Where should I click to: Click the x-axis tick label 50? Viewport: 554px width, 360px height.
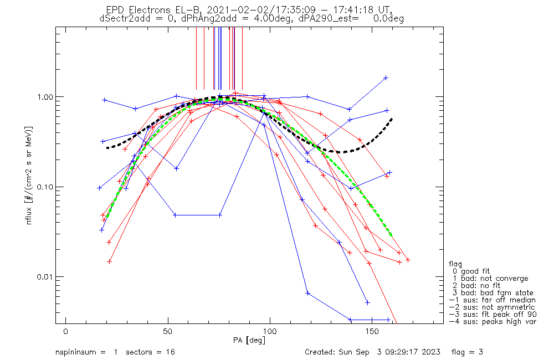tap(168, 331)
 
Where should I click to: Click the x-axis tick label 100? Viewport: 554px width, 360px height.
tap(270, 331)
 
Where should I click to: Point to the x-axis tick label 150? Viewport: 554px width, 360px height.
tap(372, 331)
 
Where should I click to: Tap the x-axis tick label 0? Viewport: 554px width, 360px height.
tap(66, 331)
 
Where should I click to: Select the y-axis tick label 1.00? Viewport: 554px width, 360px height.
tap(45, 97)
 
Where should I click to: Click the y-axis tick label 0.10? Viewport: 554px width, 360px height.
tap(45, 187)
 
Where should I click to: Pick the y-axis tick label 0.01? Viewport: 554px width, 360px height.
tap(45, 276)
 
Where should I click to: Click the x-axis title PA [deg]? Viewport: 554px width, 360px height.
tap(249, 341)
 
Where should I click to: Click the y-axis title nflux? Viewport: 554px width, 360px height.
tap(29, 215)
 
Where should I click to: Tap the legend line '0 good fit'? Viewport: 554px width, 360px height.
tap(471, 271)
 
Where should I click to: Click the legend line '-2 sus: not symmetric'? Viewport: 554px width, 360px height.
tap(492, 307)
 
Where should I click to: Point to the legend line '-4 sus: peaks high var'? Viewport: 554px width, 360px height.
tap(493, 322)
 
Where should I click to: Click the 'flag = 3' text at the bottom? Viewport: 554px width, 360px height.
tap(467, 352)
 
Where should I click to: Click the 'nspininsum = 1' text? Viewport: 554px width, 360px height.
tap(86, 352)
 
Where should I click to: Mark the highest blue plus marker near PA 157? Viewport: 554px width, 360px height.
tap(386, 78)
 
